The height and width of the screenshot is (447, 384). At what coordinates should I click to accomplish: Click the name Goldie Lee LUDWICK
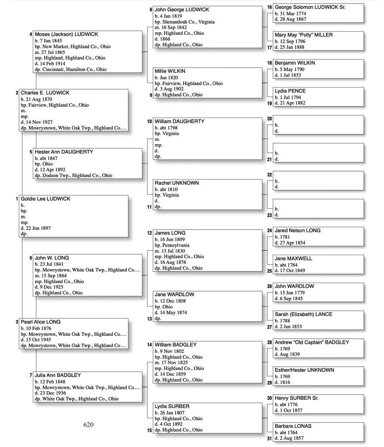[x=45, y=199]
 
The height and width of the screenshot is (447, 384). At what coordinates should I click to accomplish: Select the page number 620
[x=88, y=425]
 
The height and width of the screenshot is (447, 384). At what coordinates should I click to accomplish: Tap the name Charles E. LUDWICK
[x=45, y=93]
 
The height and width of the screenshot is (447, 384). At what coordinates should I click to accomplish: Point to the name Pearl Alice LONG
[x=41, y=322]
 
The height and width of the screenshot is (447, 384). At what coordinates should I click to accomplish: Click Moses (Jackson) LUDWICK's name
[x=66, y=34]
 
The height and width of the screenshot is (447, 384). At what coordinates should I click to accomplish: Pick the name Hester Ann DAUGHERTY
[x=64, y=152]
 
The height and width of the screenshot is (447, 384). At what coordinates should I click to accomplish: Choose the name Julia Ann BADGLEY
[x=58, y=375]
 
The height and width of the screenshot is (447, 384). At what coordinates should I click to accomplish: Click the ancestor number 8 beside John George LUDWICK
[x=151, y=10]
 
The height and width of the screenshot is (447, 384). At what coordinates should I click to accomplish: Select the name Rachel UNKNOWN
[x=176, y=183]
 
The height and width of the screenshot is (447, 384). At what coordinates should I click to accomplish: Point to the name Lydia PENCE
[x=290, y=91]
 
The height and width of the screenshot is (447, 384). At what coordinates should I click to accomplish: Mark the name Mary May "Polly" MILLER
[x=303, y=35]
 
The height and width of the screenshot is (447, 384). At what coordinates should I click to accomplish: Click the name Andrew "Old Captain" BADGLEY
[x=312, y=342]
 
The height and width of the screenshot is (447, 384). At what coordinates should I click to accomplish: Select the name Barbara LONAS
[x=293, y=426]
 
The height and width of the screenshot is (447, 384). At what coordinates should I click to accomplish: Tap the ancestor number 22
[x=270, y=175]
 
